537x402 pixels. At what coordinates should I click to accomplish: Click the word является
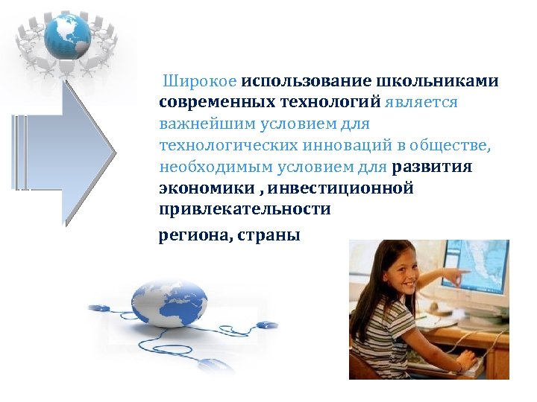tap(422, 102)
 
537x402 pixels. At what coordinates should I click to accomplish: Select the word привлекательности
tap(245, 209)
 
